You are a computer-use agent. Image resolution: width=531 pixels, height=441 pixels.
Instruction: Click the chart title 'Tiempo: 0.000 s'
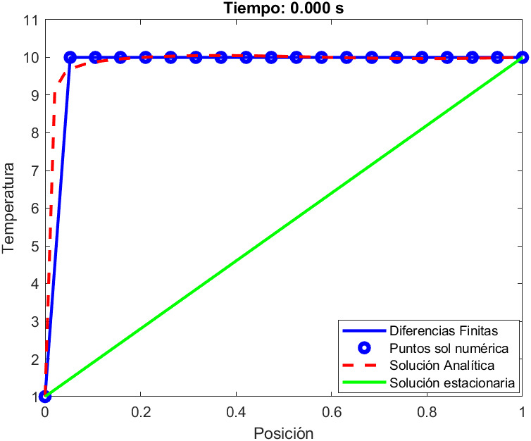[x=284, y=8]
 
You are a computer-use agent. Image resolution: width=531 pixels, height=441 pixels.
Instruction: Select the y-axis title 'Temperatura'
[x=9, y=208]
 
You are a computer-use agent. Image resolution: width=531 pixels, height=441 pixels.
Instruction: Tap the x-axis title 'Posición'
[x=284, y=432]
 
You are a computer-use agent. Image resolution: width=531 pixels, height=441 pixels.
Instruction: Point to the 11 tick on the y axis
[x=32, y=20]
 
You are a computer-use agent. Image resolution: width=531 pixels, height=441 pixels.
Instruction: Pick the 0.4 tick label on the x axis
[x=236, y=411]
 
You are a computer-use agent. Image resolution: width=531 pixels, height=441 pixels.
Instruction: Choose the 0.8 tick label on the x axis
[x=427, y=411]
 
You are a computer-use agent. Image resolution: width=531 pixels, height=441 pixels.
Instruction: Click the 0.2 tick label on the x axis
[x=140, y=411]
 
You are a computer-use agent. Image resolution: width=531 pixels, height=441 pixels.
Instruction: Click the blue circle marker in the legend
[x=364, y=348]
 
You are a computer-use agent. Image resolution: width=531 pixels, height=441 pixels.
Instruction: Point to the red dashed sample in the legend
[x=364, y=366]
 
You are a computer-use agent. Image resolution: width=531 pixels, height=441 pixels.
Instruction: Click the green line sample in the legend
[x=364, y=384]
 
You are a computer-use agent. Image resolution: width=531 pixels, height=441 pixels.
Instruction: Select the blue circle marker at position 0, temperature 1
[x=45, y=397]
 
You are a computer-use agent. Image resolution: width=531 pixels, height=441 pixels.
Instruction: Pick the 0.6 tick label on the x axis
[x=332, y=411]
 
